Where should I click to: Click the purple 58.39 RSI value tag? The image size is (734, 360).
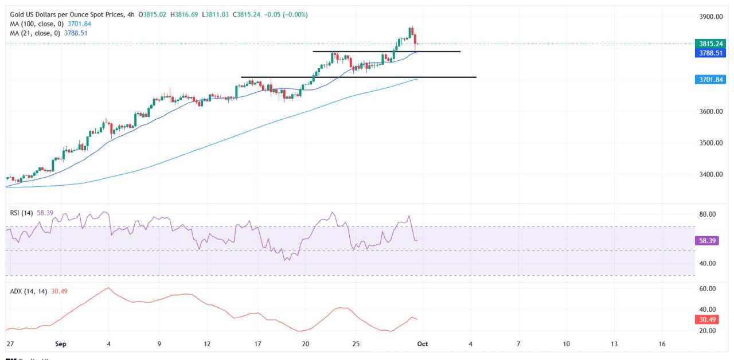coord(709,241)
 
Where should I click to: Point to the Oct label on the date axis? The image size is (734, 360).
coord(423,344)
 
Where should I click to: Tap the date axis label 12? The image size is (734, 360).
coord(207,344)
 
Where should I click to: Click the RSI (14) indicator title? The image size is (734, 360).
coord(21,213)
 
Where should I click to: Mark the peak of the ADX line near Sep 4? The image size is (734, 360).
coord(108,288)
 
